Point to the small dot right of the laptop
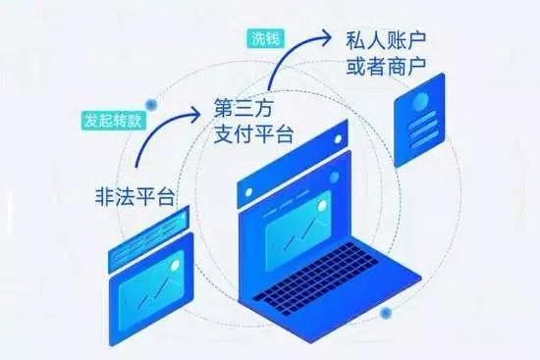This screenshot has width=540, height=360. click(x=387, y=313)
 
